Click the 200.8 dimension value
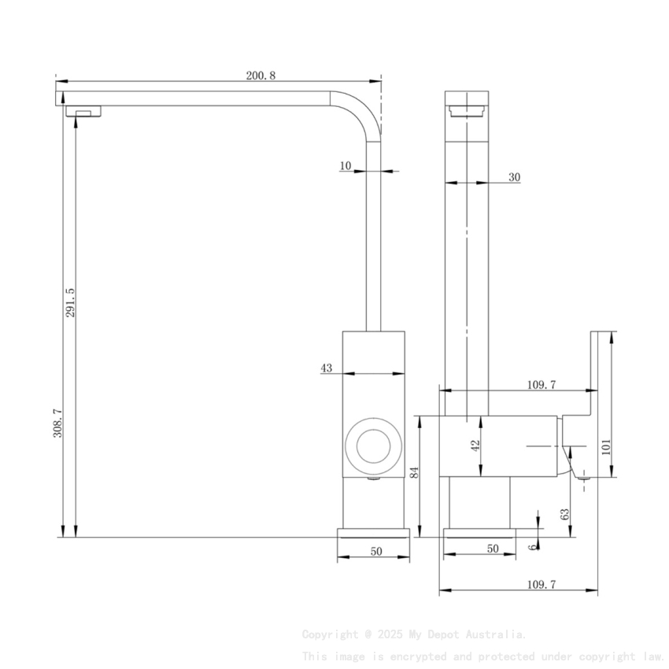[261, 76]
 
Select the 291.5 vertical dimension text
[69, 302]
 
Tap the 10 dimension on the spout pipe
[345, 165]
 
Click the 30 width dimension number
[514, 178]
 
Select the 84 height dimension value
[414, 473]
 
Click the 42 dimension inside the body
[475, 445]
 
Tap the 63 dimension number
[564, 515]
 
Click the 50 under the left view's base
[376, 551]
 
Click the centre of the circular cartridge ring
[373, 445]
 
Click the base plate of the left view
[374, 533]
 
